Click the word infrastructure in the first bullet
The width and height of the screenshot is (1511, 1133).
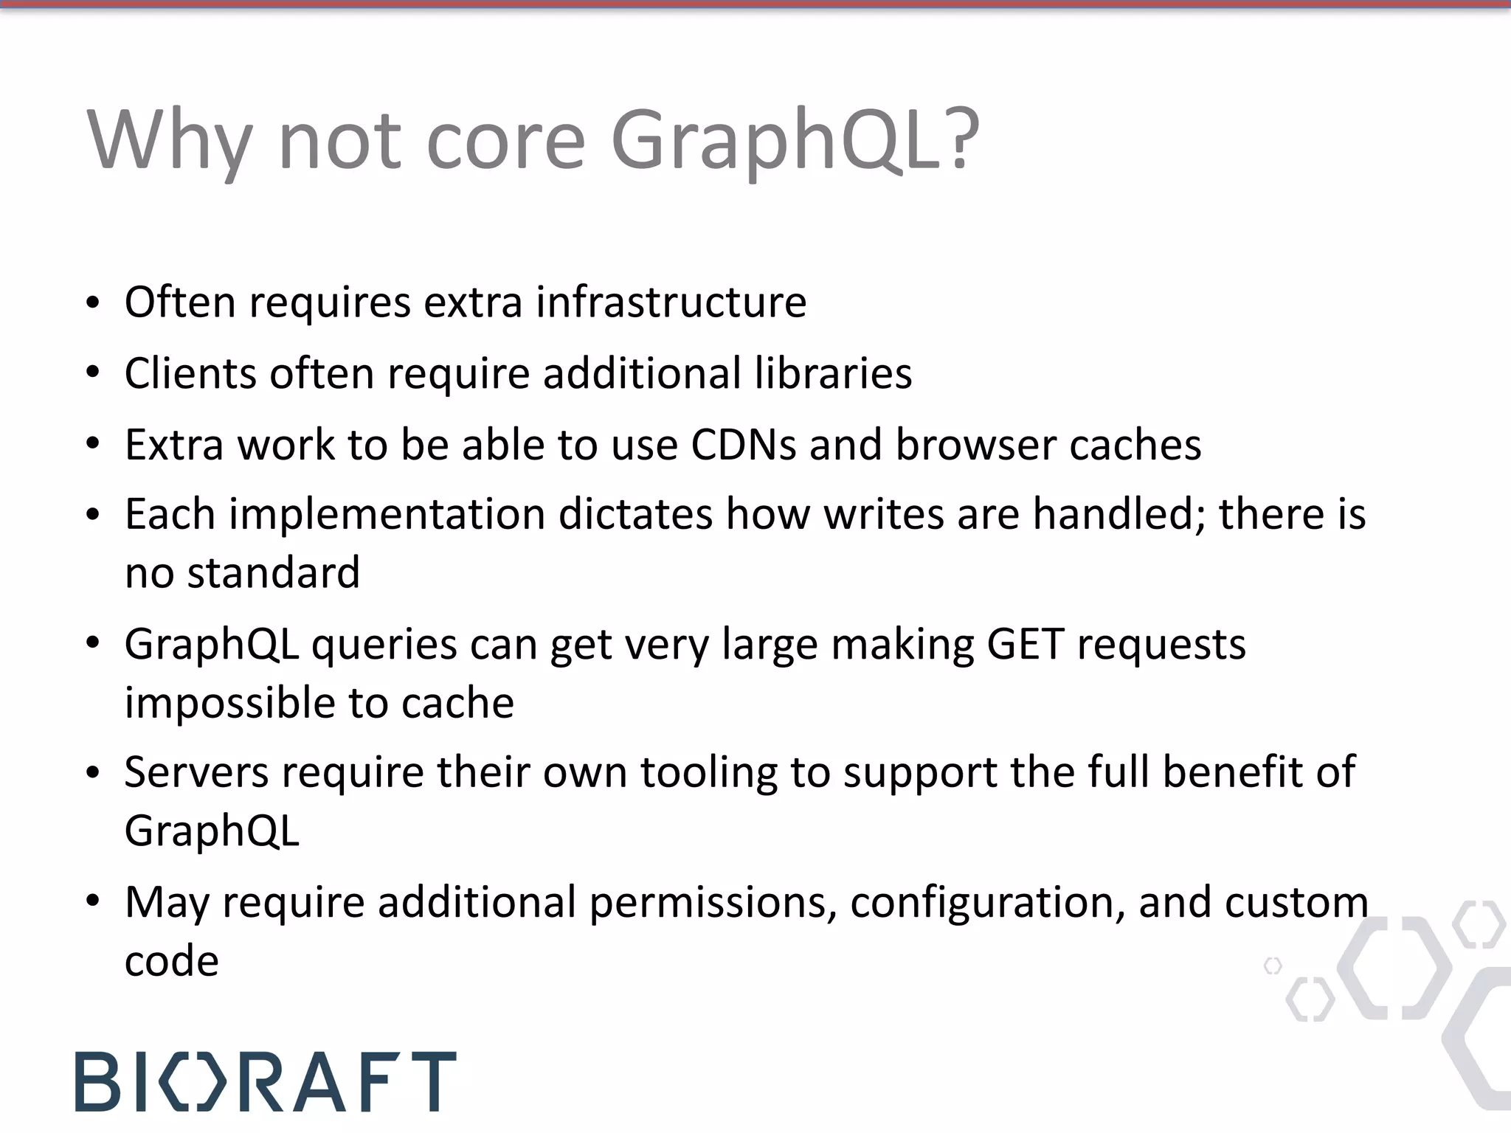pos(671,302)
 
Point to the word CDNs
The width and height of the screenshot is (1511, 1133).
pos(744,444)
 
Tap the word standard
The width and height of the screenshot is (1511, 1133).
pos(273,572)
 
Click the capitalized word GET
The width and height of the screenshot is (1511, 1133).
pos(1026,644)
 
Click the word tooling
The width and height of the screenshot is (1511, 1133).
pos(708,772)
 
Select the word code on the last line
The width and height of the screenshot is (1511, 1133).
pos(171,961)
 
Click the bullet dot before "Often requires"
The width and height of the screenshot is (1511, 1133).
pos(92,303)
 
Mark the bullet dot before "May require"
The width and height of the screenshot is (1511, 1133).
pos(92,903)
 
